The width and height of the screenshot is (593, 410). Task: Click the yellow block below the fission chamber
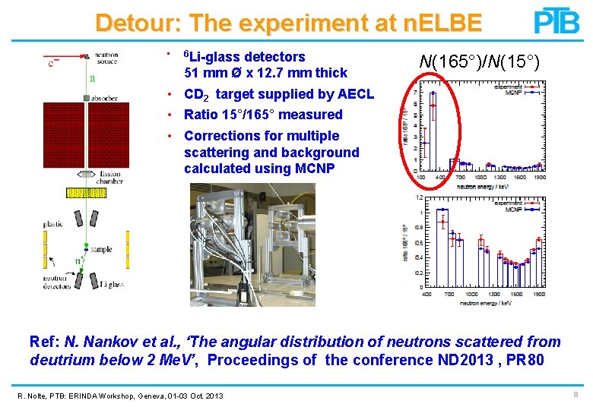pyautogui.click(x=87, y=193)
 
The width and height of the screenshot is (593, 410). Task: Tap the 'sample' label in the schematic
pyautogui.click(x=101, y=249)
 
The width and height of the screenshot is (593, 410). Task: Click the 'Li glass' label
pyautogui.click(x=112, y=284)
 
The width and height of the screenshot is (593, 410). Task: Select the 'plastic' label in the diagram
pyautogui.click(x=52, y=224)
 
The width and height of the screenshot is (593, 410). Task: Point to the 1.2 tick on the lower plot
pyautogui.click(x=417, y=198)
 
